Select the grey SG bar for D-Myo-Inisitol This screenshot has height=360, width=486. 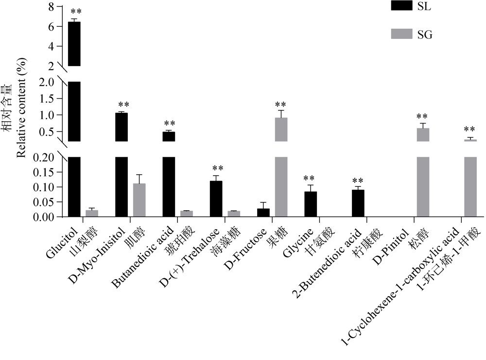point(139,200)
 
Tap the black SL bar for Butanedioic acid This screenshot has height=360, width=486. point(169,185)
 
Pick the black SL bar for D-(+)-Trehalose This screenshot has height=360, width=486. point(215,199)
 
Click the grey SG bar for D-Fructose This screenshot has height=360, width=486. point(281,185)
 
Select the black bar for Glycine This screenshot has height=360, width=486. point(310,204)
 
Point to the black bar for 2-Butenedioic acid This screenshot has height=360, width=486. point(358,203)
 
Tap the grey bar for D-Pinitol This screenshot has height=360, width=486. point(423,185)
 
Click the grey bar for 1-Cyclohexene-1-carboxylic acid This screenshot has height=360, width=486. point(470,185)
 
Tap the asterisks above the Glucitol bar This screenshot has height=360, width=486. point(74,12)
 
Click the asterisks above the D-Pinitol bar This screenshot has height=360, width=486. point(422,117)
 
